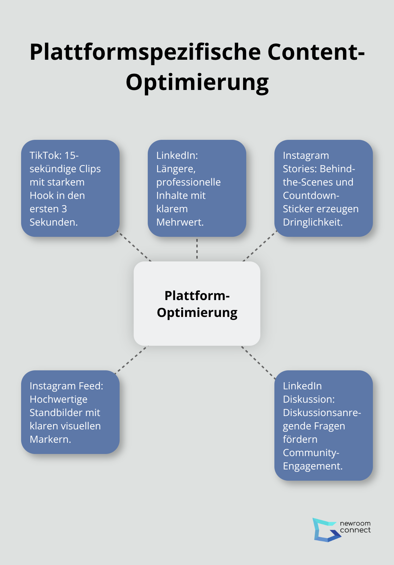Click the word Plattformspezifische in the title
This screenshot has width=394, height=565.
click(145, 52)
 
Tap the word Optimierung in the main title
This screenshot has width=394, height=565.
click(197, 82)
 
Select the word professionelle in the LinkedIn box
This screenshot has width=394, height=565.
click(189, 182)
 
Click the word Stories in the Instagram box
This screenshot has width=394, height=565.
click(299, 169)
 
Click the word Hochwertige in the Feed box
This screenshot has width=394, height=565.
click(58, 399)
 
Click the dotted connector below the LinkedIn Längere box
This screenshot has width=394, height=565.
click(197, 249)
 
